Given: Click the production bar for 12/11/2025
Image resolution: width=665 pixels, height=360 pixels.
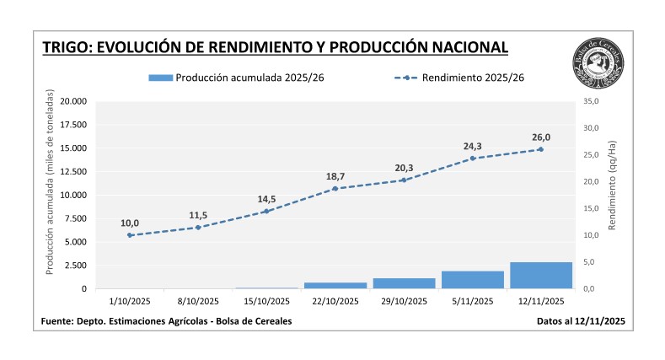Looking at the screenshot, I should point(540,276).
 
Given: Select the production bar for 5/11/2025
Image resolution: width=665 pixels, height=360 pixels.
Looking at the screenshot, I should point(472,280).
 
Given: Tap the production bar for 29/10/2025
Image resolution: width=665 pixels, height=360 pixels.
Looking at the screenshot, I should point(404,283).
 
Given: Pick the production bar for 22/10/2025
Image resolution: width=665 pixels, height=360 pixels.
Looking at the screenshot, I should point(335,286).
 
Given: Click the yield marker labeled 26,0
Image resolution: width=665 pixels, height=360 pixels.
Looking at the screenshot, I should point(540,149).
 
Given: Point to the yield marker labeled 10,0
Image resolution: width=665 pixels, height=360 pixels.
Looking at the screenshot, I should point(130,235).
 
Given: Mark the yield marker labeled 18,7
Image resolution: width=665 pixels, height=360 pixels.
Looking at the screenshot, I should point(335,188).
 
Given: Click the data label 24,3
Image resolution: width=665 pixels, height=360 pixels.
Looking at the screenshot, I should point(472,146).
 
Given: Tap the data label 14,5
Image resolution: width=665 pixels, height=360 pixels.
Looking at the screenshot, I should point(266,199).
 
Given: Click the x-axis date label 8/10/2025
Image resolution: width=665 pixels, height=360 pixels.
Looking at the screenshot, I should point(198,301).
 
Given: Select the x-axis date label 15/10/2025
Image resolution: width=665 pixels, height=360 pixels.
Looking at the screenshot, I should point(266,301).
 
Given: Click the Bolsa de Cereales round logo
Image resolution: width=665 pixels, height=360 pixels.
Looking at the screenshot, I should point(598,63).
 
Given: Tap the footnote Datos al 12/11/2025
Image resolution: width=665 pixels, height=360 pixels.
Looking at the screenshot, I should point(581,321).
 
